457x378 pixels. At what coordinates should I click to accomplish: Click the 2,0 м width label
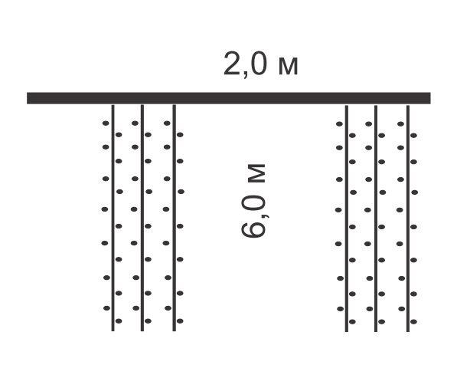(x=260, y=64)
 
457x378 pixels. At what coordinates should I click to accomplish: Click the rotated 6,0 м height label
(x=253, y=201)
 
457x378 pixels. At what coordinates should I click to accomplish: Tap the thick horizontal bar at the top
(x=228, y=98)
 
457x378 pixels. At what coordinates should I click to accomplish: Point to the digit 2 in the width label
(x=233, y=64)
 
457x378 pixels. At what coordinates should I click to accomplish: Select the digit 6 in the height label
(x=253, y=229)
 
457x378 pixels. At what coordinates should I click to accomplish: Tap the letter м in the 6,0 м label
(x=256, y=173)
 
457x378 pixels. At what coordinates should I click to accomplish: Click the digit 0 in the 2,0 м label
(x=258, y=64)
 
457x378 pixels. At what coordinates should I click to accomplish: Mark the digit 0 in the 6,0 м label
(x=253, y=204)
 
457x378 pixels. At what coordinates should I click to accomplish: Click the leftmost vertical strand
(x=113, y=218)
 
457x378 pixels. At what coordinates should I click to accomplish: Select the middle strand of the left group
(x=142, y=218)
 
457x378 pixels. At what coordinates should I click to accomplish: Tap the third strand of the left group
(x=174, y=218)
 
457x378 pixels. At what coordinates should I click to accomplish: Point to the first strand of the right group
(x=347, y=219)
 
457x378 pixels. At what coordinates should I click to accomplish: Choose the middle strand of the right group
(x=376, y=219)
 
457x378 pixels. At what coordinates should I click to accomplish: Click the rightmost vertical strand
(x=408, y=219)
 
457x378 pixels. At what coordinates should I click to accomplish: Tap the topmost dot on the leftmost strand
(x=106, y=123)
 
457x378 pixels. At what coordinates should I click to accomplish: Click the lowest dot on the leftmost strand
(x=119, y=321)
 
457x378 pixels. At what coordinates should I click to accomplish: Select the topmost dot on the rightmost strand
(x=400, y=124)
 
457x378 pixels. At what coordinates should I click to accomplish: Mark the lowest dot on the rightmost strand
(x=413, y=322)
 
